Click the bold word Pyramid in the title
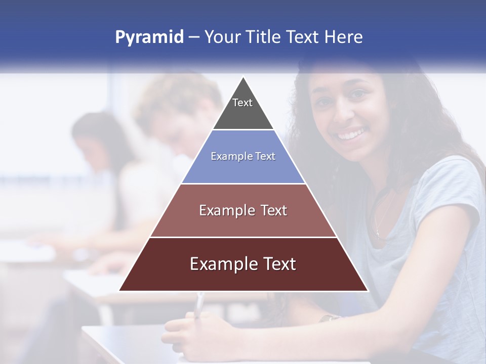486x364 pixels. (149, 37)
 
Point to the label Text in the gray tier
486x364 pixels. (242, 103)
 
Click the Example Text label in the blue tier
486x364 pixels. (243, 156)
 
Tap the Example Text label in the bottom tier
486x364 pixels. (243, 264)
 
